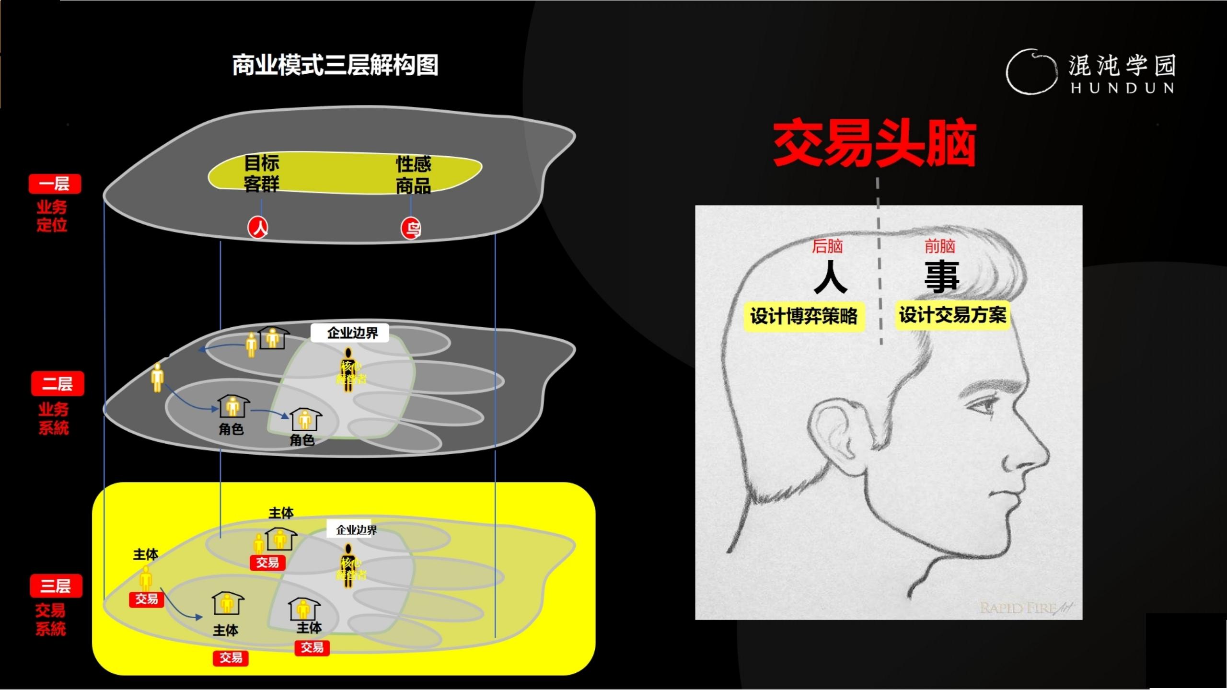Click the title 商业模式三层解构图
pos(335,65)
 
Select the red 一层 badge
pos(55,184)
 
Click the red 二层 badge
pos(58,383)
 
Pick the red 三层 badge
pos(56,586)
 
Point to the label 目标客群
pos(261,173)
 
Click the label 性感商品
pos(413,175)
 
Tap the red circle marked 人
pos(258,228)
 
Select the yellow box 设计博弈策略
pos(804,316)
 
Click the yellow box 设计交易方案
pos(952,315)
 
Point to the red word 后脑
pos(827,246)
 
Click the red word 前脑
pos(939,246)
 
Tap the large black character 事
pos(942,277)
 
